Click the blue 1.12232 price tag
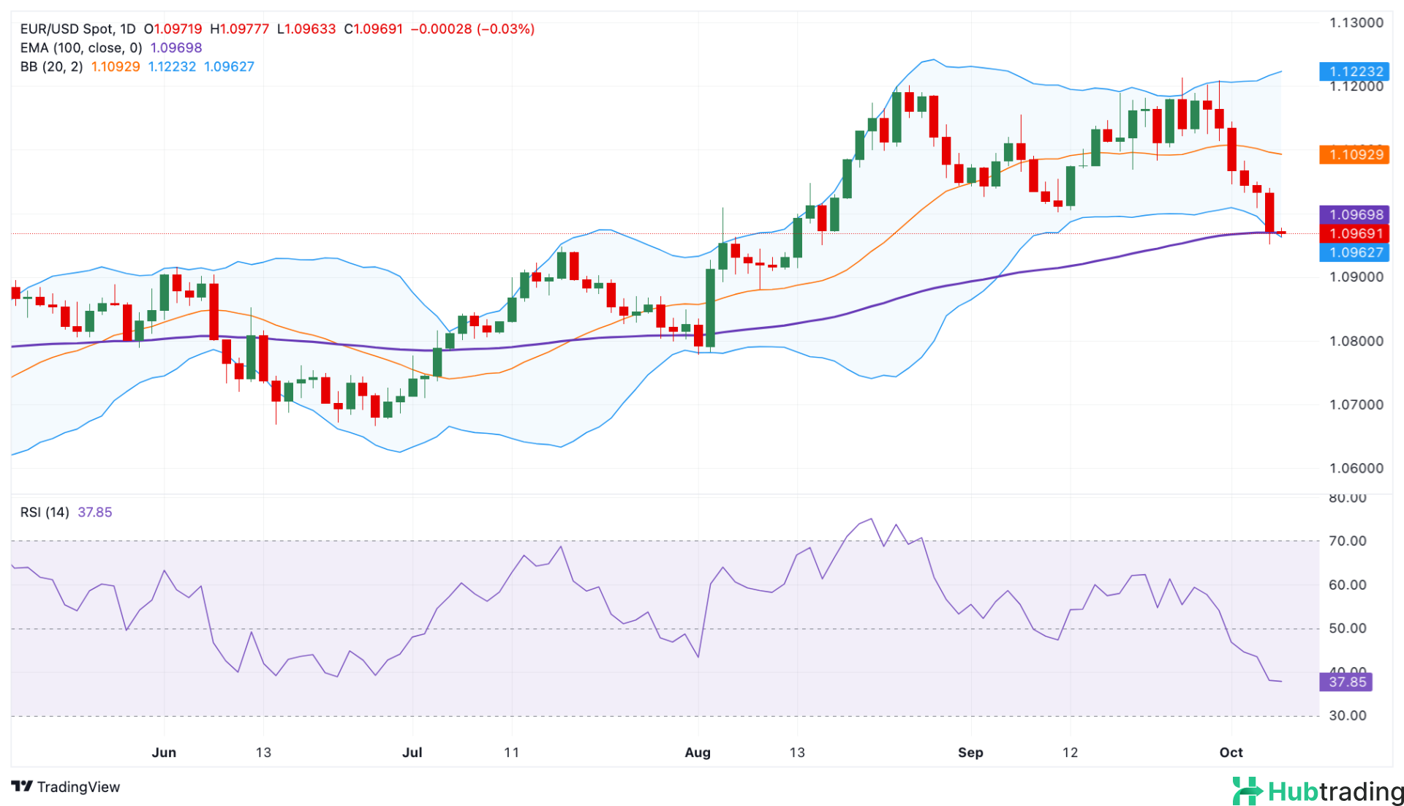[1355, 71]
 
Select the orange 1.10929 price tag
[1355, 154]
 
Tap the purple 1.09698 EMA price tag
[1355, 214]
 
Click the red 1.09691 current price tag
[1355, 233]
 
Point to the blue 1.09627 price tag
[1355, 252]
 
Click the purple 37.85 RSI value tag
[1346, 682]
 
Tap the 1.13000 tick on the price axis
[1356, 23]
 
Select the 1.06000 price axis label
[1356, 468]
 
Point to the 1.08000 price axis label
[1356, 341]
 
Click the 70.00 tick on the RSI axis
[1347, 541]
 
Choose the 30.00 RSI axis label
[1347, 715]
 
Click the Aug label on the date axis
[698, 753]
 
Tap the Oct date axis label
[1231, 753]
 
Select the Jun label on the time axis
[164, 753]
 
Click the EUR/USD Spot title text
[67, 29]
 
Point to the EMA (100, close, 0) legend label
[80, 48]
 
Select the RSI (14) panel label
[45, 512]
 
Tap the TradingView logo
[66, 787]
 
